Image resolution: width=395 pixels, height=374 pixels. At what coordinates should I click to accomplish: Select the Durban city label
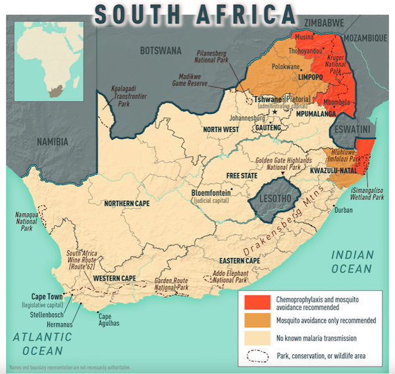pyautogui.click(x=344, y=210)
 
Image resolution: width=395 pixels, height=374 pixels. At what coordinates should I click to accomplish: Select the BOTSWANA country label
pyautogui.click(x=162, y=50)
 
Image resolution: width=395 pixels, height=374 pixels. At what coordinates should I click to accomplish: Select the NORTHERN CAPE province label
pyautogui.click(x=132, y=203)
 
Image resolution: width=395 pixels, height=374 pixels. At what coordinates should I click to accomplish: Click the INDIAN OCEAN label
pyautogui.click(x=352, y=261)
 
